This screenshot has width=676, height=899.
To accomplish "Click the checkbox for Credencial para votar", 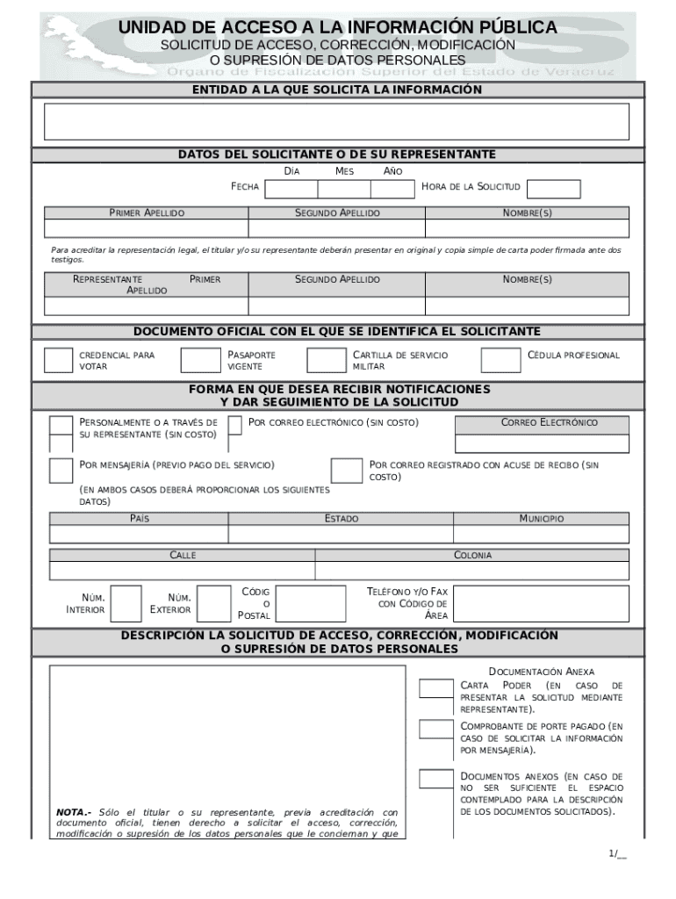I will (x=59, y=360).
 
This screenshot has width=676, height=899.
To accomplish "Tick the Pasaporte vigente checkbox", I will (x=199, y=360).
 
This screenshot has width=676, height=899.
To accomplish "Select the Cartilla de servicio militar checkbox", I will (x=325, y=360).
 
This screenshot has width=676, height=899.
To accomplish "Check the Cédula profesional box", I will (x=500, y=360).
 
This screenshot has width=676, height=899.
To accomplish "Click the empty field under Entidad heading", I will (x=337, y=121).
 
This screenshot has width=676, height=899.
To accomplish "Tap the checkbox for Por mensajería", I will (x=61, y=470).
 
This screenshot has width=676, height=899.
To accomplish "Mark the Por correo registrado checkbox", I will (x=346, y=470).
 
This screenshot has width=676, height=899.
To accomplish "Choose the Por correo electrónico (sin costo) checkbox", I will (x=234, y=425).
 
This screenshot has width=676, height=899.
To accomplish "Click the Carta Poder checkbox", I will (x=435, y=688).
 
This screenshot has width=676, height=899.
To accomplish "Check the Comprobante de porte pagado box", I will (x=435, y=729).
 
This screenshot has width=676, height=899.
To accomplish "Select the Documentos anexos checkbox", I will (x=435, y=778).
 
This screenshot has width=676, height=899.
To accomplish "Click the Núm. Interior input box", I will (x=126, y=602).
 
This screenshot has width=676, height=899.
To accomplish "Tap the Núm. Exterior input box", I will (x=212, y=602).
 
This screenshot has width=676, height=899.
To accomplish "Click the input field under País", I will (x=139, y=534).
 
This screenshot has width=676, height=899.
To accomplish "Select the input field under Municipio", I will (x=541, y=534).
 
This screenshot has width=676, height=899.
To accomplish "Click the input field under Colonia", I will (x=471, y=571).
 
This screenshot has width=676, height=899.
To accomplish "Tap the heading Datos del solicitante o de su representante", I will (x=337, y=155).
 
